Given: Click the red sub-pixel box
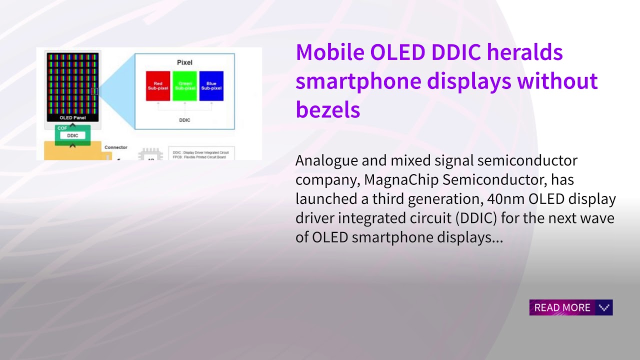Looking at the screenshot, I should tap(158, 86).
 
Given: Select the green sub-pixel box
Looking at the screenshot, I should tap(184, 86).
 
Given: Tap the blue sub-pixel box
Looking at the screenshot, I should tap(211, 86).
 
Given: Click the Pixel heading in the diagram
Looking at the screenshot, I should tap(184, 62).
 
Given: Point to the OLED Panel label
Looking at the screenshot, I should tap(73, 118).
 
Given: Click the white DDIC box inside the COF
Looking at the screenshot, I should tap(72, 135).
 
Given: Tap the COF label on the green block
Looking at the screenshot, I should tap(62, 128).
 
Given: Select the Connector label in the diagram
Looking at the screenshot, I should tap(115, 147).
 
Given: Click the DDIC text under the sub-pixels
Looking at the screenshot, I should tap(184, 120).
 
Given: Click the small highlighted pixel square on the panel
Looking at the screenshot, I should tap(94, 91).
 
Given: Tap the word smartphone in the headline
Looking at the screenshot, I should tap(358, 80).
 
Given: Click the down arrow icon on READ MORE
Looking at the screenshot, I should tap(604, 307).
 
